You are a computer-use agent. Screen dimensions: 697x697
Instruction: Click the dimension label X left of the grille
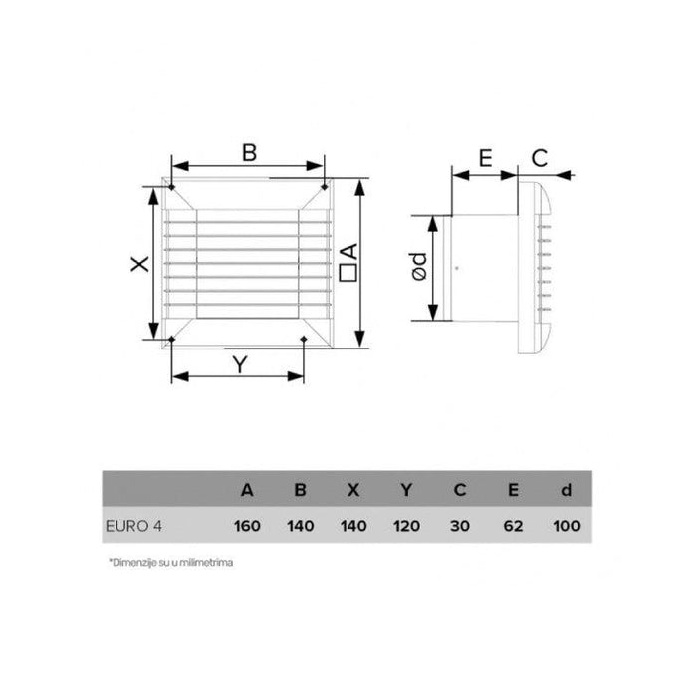140,264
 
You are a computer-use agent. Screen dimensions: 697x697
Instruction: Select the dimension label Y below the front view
239,364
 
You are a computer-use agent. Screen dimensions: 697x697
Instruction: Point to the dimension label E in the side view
485,158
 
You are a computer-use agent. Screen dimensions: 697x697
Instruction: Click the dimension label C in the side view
539,158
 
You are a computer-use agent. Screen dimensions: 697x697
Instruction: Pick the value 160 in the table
247,524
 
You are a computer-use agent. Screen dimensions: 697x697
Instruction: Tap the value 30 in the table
458,524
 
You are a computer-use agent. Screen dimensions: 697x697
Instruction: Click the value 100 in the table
565,524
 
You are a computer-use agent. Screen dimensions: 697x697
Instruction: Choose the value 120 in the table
405,524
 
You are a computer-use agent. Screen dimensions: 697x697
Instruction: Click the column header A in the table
247,490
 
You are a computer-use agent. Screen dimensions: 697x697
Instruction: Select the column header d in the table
565,490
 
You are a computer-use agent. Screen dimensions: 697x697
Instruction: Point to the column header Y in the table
405,490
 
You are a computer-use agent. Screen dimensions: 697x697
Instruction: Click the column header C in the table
458,490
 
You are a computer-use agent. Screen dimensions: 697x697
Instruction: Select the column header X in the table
352,490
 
